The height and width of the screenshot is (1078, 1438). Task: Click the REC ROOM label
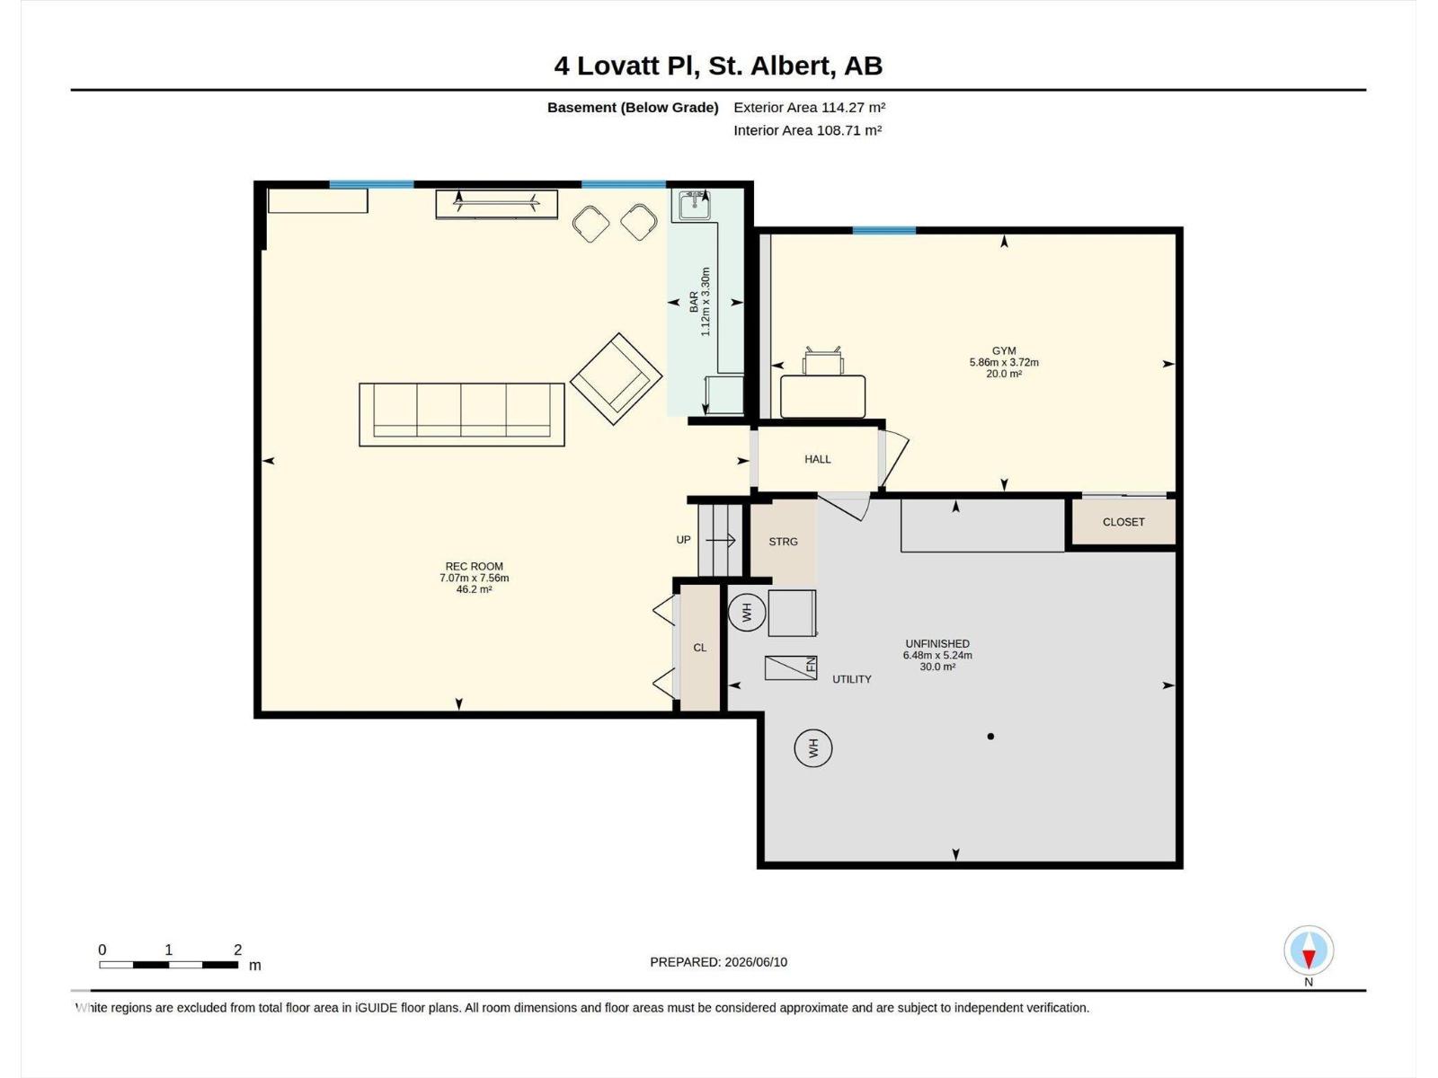coord(474,566)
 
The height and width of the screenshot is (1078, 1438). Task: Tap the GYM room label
coord(1004,351)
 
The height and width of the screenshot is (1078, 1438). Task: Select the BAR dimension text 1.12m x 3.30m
coord(705,302)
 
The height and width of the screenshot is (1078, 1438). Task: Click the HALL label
coord(817,459)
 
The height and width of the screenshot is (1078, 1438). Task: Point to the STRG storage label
coord(783,542)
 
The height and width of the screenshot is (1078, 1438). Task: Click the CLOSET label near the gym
coord(1123,522)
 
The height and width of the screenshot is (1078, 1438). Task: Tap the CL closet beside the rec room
coord(699,648)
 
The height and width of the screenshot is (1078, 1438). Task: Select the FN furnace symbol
coord(791,667)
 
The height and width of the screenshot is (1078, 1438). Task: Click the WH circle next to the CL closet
coord(747,613)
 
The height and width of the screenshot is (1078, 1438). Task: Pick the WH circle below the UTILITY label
coord(813,747)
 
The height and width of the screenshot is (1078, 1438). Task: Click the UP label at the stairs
coord(683,540)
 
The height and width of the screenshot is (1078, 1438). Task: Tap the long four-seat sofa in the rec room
coord(461,415)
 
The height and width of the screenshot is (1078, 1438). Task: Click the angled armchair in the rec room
coord(616,379)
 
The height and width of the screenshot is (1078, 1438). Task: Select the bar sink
coord(694,206)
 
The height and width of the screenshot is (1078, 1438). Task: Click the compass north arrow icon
coord(1308,950)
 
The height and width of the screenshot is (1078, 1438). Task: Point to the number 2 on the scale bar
coord(238,950)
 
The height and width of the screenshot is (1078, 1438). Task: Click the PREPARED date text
coord(718,962)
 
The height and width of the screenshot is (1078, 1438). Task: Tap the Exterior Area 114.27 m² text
coord(809,107)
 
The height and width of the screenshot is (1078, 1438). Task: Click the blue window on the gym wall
coord(883,230)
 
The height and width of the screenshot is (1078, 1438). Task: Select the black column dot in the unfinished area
coord(990,737)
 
